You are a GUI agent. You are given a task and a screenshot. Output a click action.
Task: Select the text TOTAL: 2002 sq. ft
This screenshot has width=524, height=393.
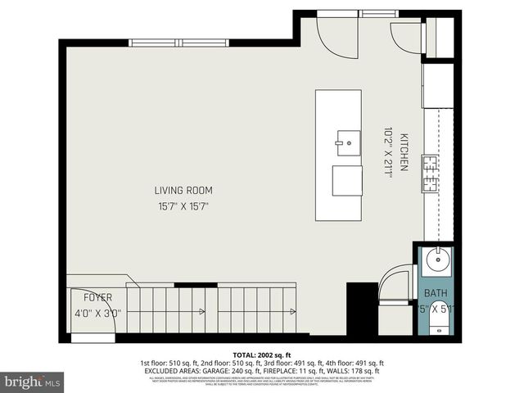click(x=261, y=354)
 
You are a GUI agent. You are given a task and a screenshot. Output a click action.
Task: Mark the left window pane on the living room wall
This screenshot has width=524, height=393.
click(x=154, y=43)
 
